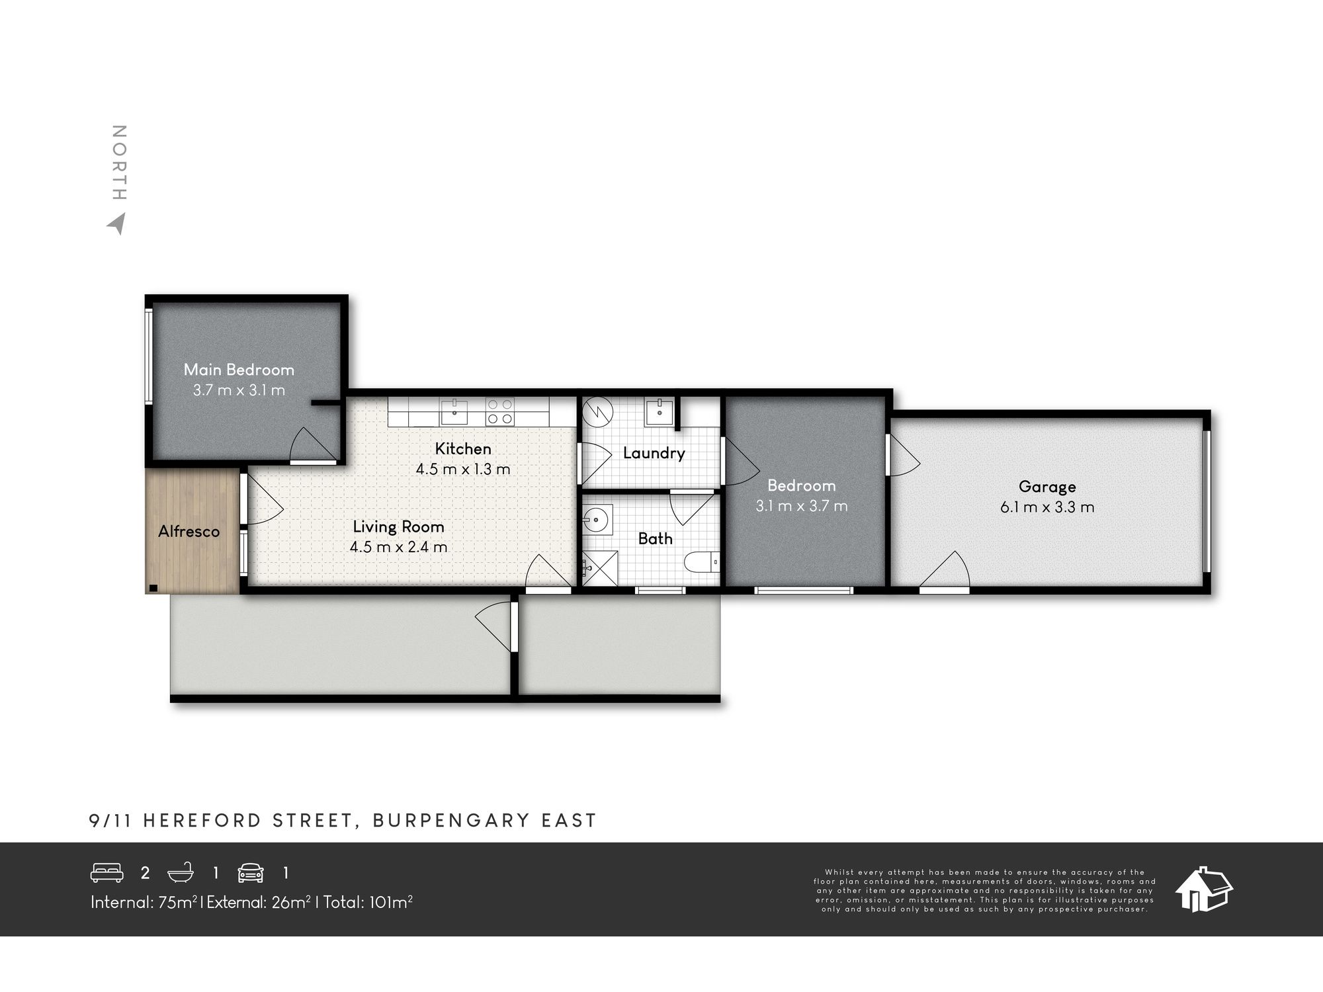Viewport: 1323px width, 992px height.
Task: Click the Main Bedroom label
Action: [x=239, y=370]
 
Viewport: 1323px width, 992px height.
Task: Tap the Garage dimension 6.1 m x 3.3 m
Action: [x=1047, y=507]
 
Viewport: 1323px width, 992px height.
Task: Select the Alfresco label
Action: [x=189, y=531]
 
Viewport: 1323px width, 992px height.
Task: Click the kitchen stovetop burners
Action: [x=500, y=411]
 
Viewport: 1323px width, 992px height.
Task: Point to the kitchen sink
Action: [x=454, y=411]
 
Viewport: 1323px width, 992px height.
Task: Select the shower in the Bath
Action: [x=600, y=567]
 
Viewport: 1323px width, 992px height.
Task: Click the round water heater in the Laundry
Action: [x=598, y=411]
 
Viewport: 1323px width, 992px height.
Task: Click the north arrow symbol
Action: [x=117, y=224]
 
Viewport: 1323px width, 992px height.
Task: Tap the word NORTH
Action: [x=119, y=163]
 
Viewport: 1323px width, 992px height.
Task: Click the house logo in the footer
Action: [x=1203, y=889]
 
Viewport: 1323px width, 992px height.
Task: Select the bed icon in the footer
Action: [x=107, y=873]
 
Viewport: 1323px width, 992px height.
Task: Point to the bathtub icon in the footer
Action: [x=181, y=873]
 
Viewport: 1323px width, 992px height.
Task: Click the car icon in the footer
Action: [x=251, y=873]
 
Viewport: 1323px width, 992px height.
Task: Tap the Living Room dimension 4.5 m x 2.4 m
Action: [x=398, y=547]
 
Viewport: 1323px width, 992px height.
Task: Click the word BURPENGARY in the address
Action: [x=452, y=821]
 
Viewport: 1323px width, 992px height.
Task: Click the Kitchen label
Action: [x=463, y=449]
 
